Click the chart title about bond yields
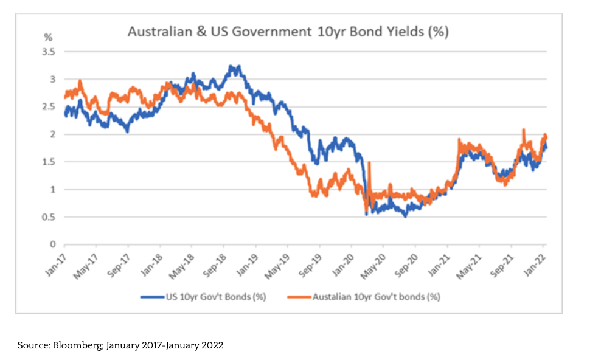coord(288,32)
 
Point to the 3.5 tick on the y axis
coord(48,52)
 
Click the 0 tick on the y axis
coord(52,244)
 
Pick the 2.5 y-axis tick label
coord(48,107)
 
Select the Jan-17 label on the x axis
coord(55,260)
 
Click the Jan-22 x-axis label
coord(535,260)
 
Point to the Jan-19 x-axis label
coord(246,260)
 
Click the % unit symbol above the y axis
coord(48,38)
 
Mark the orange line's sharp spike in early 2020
coord(369,162)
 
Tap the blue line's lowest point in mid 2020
coord(405,216)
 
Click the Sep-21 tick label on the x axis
coord(502,261)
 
